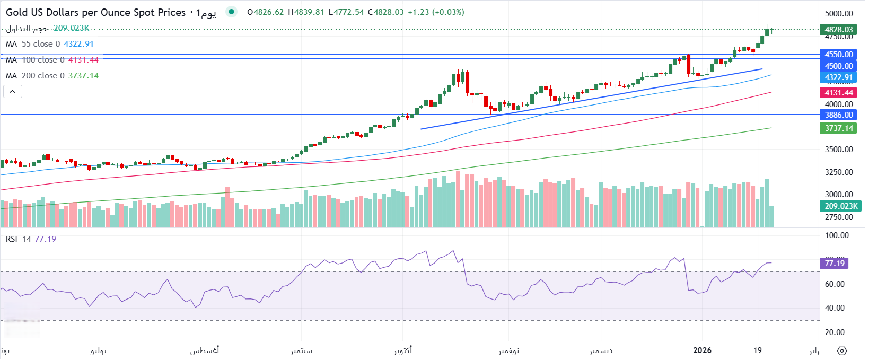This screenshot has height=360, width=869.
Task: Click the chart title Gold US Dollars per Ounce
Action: click(95, 12)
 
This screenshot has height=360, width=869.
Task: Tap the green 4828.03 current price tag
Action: click(838, 30)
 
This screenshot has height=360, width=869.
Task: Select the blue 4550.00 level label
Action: click(838, 54)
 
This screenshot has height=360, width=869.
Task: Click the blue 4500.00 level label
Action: click(838, 66)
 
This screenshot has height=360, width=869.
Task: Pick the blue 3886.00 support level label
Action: click(838, 115)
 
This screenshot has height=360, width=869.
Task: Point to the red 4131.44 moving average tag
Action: click(838, 93)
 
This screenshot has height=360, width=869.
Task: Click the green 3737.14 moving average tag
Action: click(838, 128)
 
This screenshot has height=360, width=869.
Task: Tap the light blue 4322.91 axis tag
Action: click(838, 77)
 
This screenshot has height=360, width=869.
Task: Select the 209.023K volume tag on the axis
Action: click(840, 206)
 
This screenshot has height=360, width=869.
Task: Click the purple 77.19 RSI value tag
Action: click(834, 264)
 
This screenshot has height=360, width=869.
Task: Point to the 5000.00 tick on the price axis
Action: click(839, 14)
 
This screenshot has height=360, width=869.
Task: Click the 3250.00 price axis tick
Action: click(839, 172)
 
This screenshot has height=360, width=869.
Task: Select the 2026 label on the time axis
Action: click(702, 350)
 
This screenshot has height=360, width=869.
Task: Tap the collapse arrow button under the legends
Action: click(13, 92)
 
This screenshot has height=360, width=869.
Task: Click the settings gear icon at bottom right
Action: click(842, 351)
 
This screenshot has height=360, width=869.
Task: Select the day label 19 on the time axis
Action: click(758, 350)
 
